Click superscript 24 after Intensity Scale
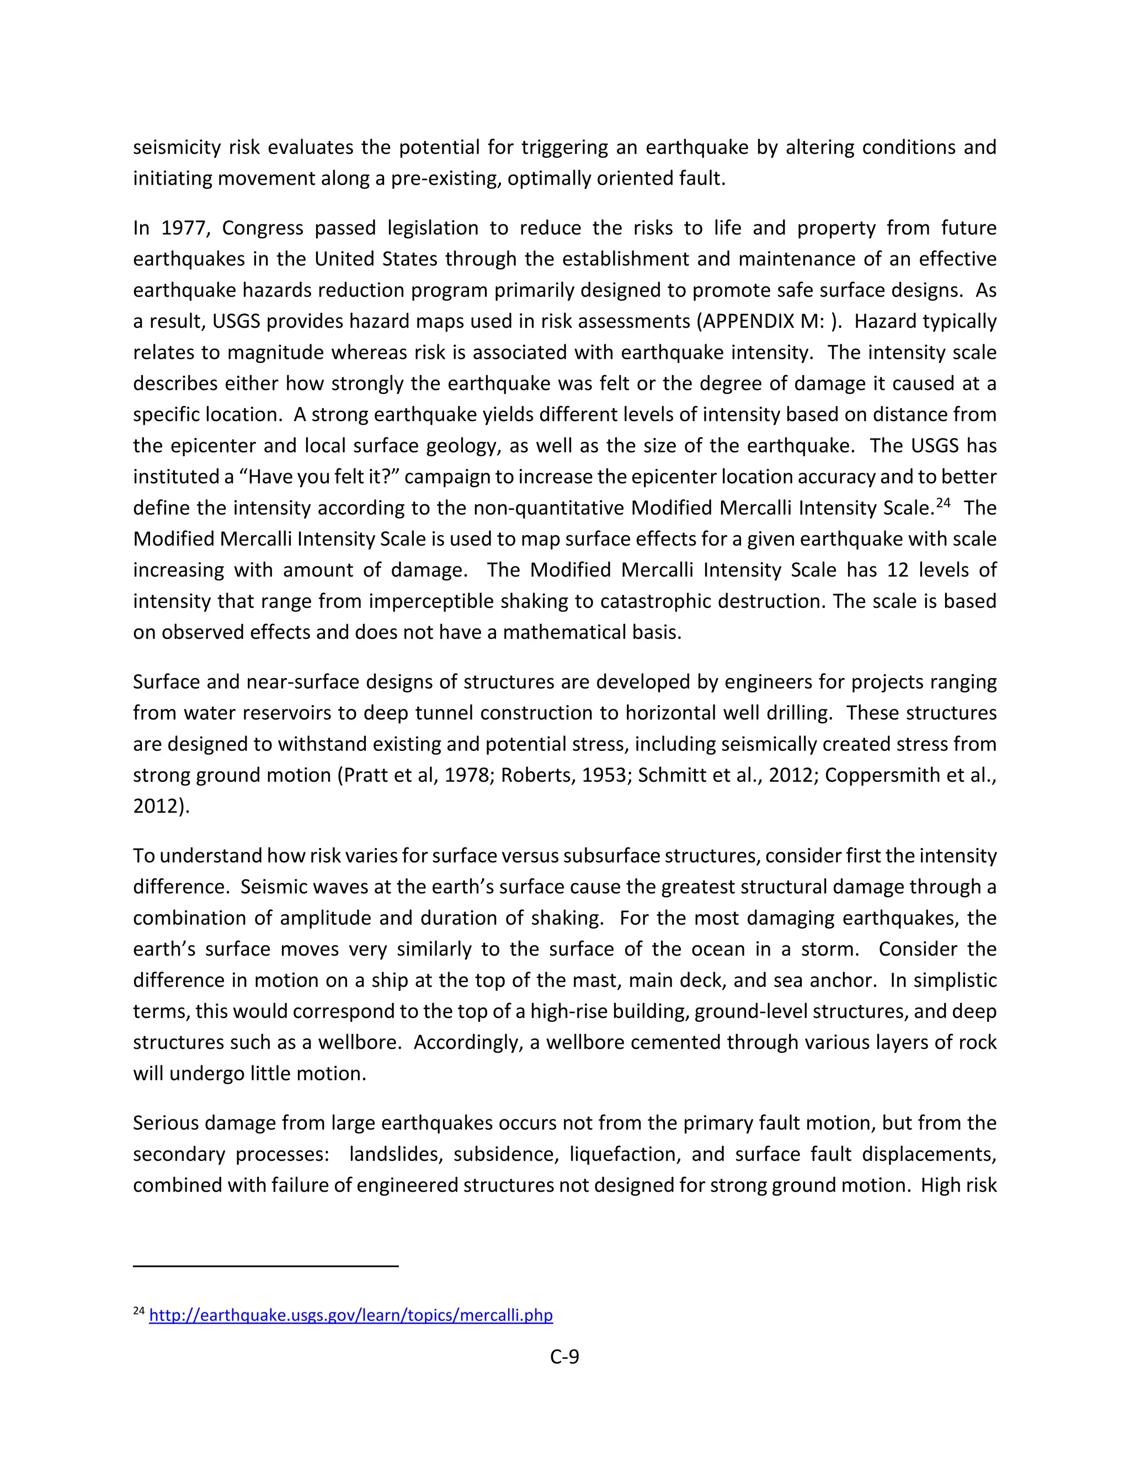[x=942, y=502]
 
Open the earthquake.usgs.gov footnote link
[x=351, y=1315]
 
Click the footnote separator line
[x=266, y=1266]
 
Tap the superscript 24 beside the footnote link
[x=138, y=1311]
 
